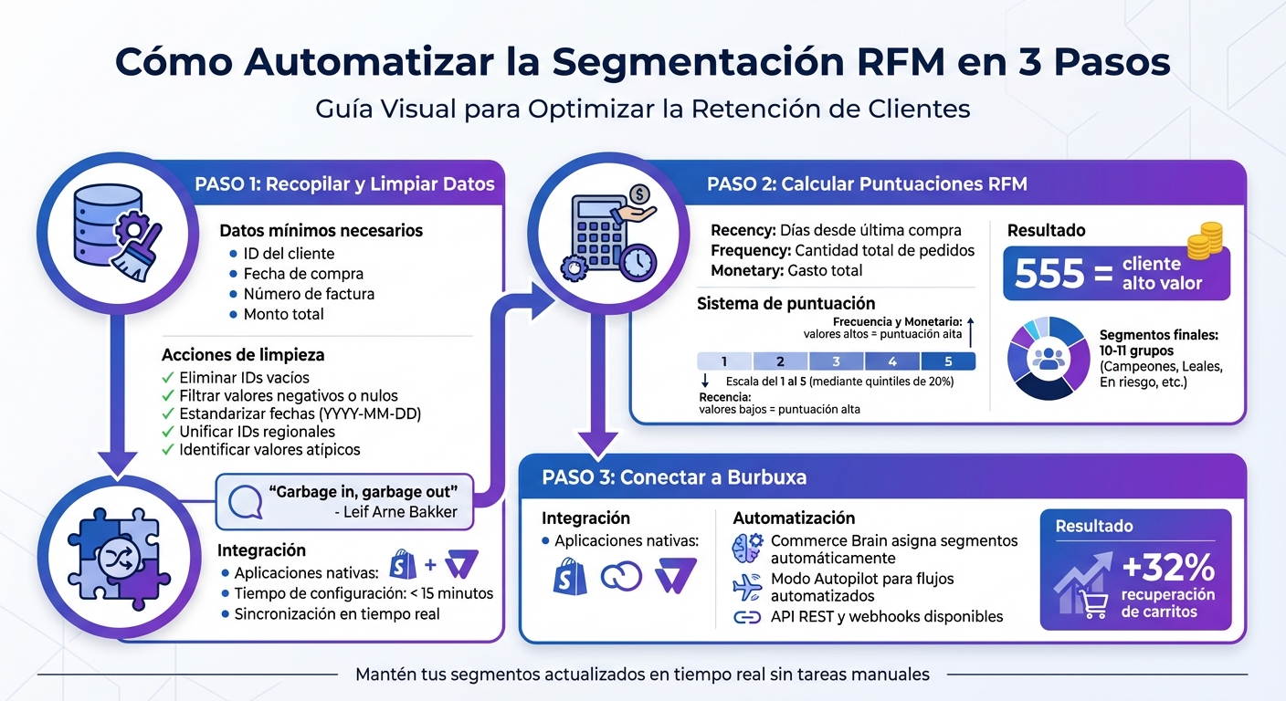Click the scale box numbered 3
tap(836, 361)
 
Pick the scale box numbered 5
tap(948, 361)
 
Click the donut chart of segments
tap(1048, 358)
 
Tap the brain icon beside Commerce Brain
tap(747, 549)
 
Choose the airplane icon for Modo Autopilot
tap(747, 586)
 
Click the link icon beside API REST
tap(747, 618)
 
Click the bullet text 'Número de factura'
tap(309, 294)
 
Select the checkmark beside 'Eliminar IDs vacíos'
tap(167, 377)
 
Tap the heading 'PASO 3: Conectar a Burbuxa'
tap(673, 477)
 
